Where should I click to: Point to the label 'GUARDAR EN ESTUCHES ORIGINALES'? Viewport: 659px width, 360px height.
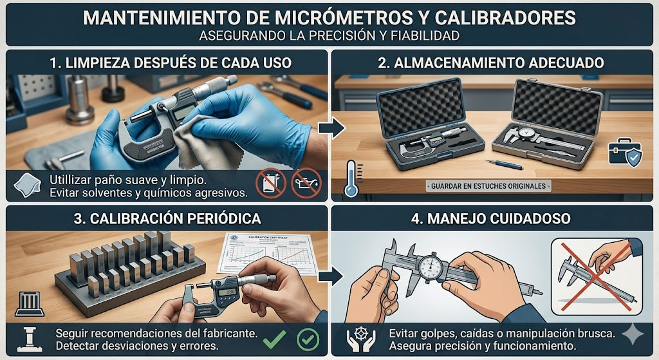[x=489, y=186]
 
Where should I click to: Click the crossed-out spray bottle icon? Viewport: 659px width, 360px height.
[x=269, y=183]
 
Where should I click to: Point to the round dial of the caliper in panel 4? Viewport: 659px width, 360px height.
[x=429, y=265]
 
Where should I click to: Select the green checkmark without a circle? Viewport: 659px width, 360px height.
[x=277, y=337]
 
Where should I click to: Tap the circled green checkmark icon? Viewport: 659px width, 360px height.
[x=306, y=338]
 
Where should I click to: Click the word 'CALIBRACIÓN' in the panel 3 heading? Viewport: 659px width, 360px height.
[x=136, y=218]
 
